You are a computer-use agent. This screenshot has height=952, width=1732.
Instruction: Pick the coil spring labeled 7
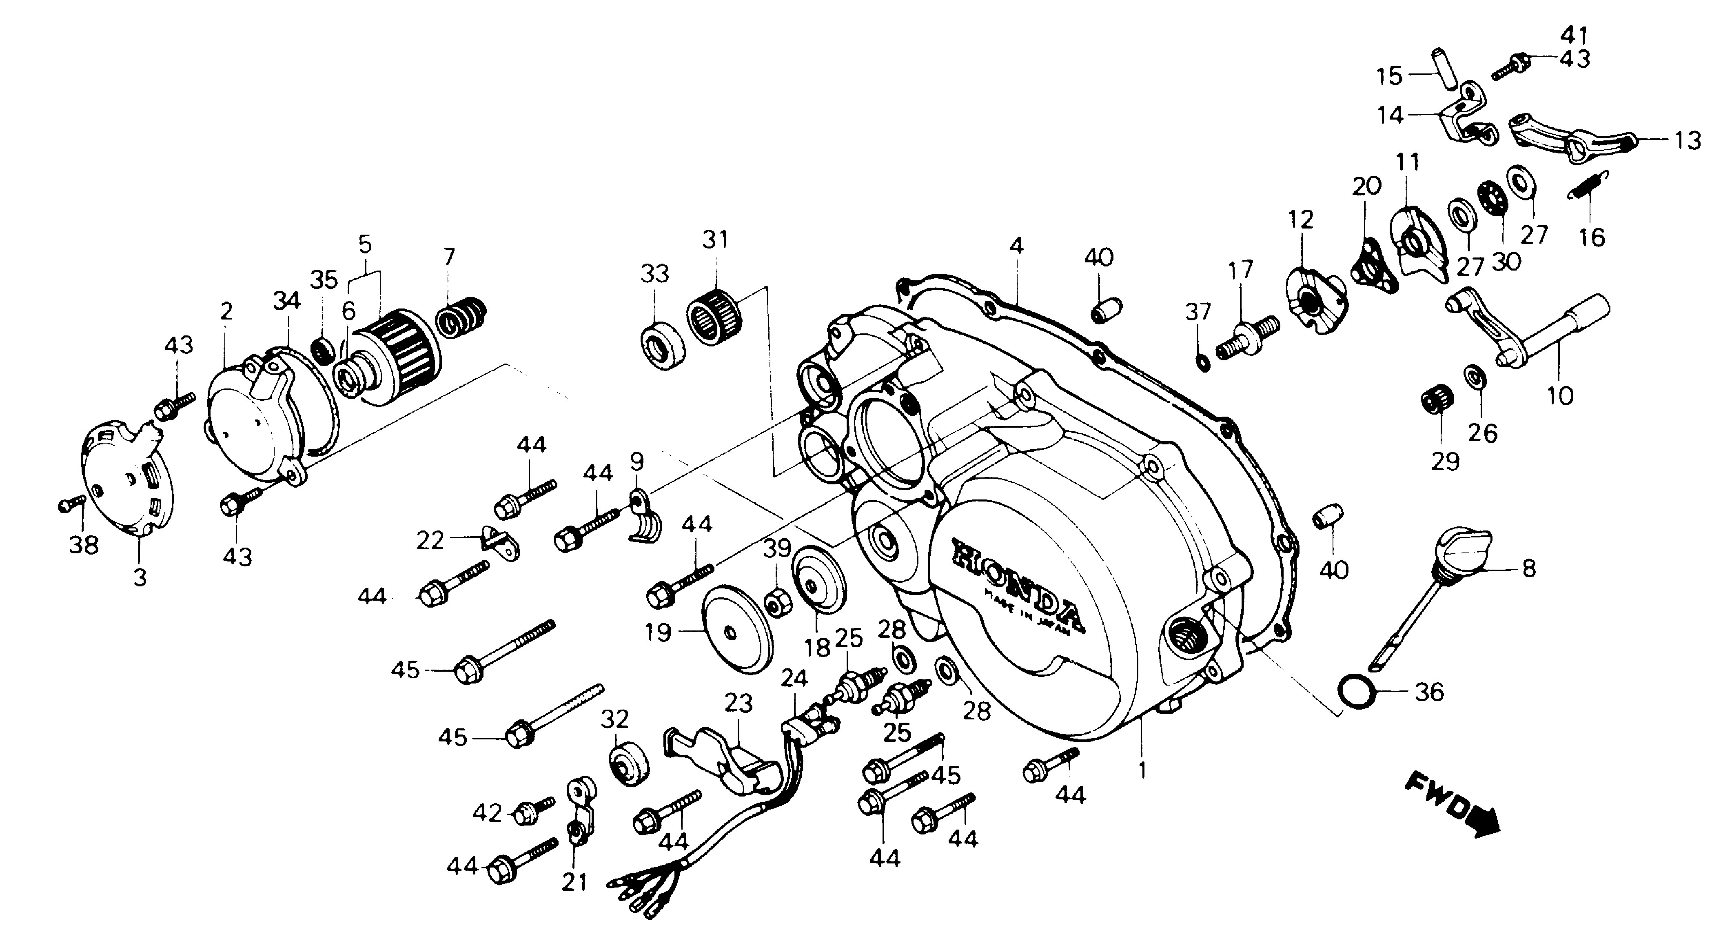(463, 318)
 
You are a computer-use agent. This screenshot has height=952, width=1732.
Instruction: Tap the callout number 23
(738, 704)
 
